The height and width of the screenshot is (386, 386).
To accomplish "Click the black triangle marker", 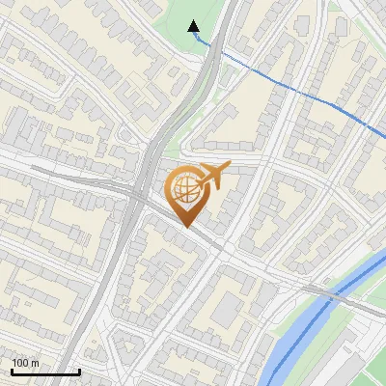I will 194,27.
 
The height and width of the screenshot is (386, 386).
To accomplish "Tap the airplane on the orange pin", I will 210,175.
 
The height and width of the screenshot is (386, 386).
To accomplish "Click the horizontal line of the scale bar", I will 45,372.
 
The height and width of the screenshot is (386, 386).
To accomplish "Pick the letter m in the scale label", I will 35,363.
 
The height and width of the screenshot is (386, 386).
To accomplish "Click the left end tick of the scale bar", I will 12,370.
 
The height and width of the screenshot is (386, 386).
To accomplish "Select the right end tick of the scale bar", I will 79,370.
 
